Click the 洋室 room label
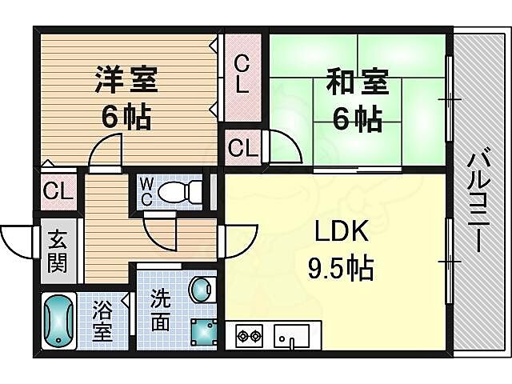126,81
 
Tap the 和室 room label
357,82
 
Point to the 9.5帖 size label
341,268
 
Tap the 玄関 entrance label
56,251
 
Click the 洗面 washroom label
160,310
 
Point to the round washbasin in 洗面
200,287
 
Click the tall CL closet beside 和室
242,74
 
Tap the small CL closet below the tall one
242,147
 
